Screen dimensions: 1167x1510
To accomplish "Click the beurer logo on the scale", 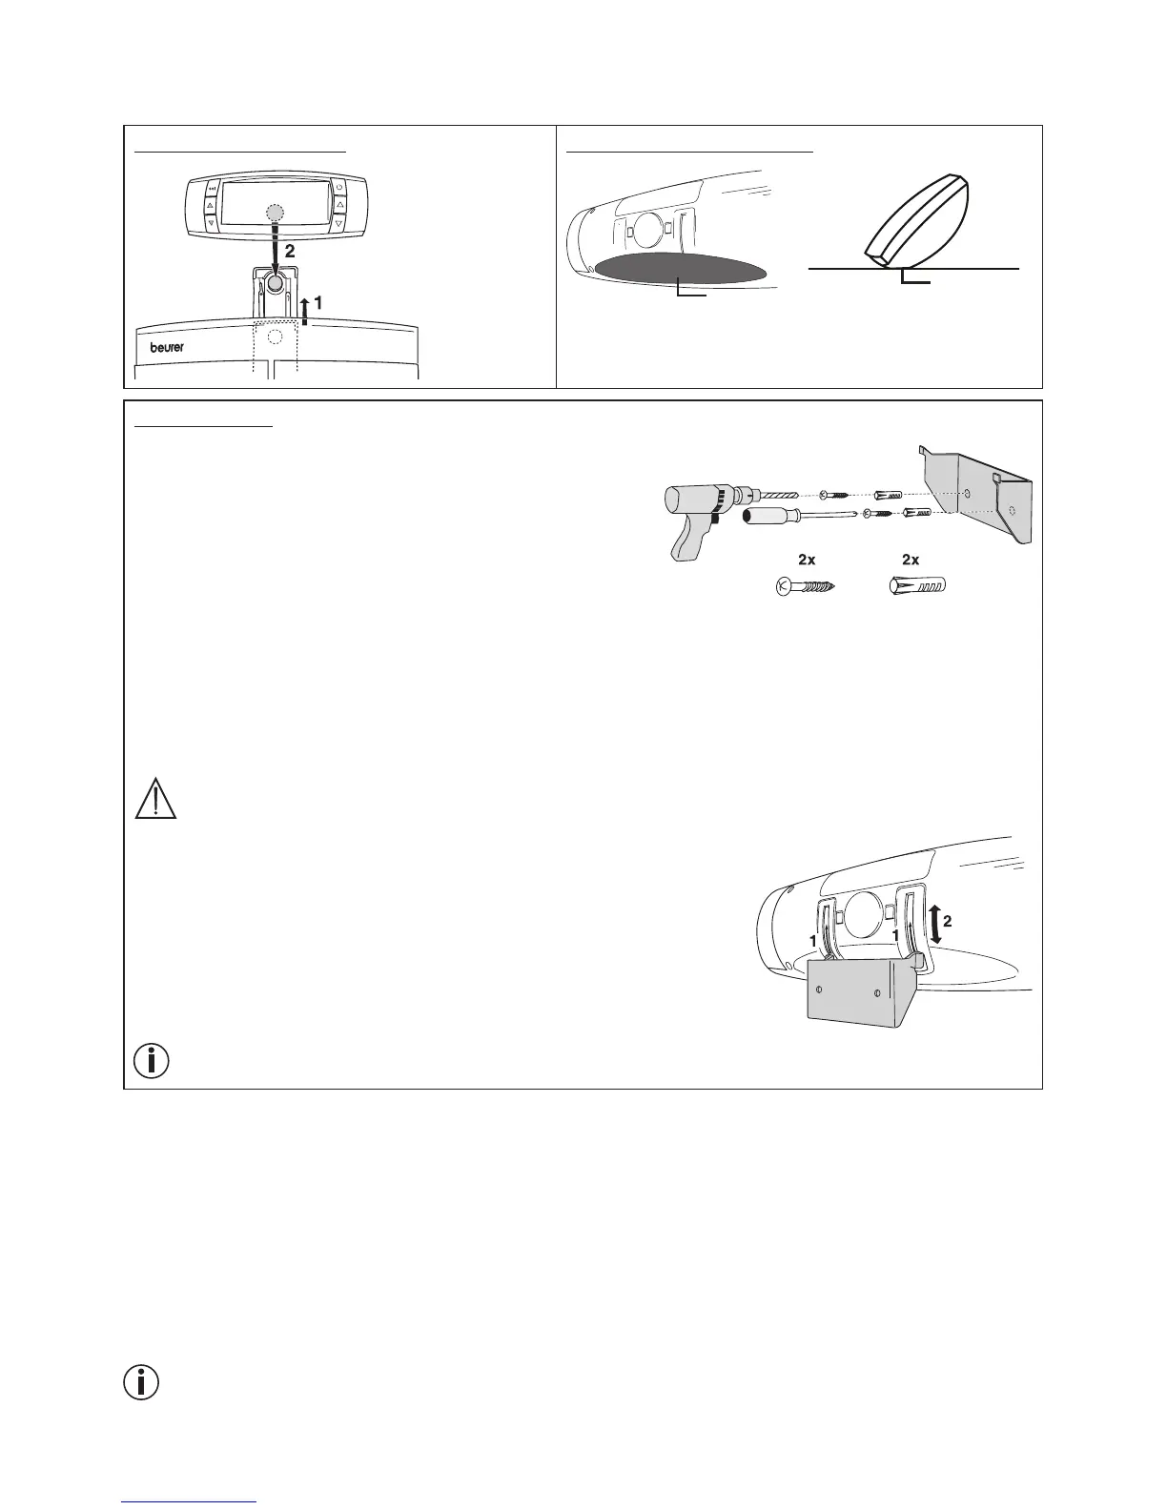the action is [x=167, y=347].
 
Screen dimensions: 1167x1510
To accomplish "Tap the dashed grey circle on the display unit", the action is [x=275, y=213].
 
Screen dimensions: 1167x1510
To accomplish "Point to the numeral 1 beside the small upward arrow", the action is [x=318, y=301].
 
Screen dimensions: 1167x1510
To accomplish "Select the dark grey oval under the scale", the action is [x=680, y=269].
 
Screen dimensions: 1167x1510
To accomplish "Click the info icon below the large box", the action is [x=142, y=1383].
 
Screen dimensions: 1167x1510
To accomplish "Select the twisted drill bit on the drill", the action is [x=783, y=496].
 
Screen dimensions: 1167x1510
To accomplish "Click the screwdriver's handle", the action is [x=768, y=520].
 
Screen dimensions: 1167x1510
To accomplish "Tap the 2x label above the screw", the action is [x=808, y=560].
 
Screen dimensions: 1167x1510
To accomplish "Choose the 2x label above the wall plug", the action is [x=911, y=560].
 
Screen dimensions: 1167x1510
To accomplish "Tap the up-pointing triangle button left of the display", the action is [x=210, y=205].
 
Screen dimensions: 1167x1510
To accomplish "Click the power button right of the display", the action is [x=339, y=187].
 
